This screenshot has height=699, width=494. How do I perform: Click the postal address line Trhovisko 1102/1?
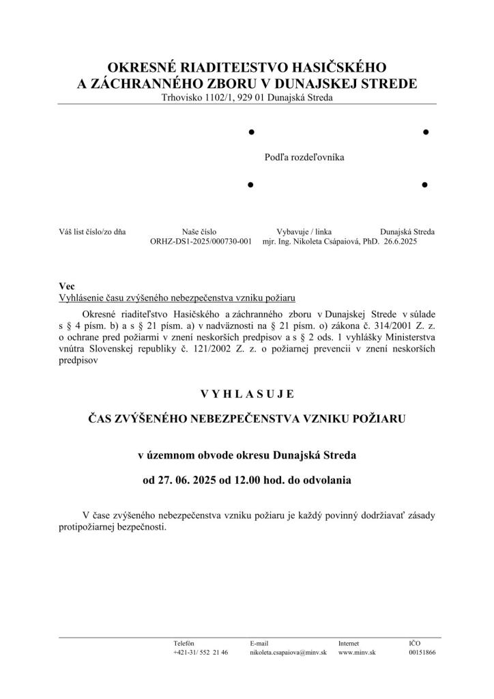tap(247, 98)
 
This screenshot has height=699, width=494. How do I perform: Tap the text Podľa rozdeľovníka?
tap(304, 157)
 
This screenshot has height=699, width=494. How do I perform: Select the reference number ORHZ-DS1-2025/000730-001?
tap(201, 242)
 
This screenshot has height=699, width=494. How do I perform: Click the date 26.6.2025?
tap(401, 242)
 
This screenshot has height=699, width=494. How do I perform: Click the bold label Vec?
tap(67, 287)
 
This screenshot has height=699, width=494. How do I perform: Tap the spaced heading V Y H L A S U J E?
tap(247, 394)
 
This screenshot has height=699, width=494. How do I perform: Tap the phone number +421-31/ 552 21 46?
tap(201, 653)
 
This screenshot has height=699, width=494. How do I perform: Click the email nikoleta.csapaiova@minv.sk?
tap(289, 653)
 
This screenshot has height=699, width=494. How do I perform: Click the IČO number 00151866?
tap(422, 653)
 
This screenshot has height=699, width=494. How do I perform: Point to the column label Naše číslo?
tap(199, 232)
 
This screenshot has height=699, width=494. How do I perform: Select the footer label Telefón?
tap(184, 643)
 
